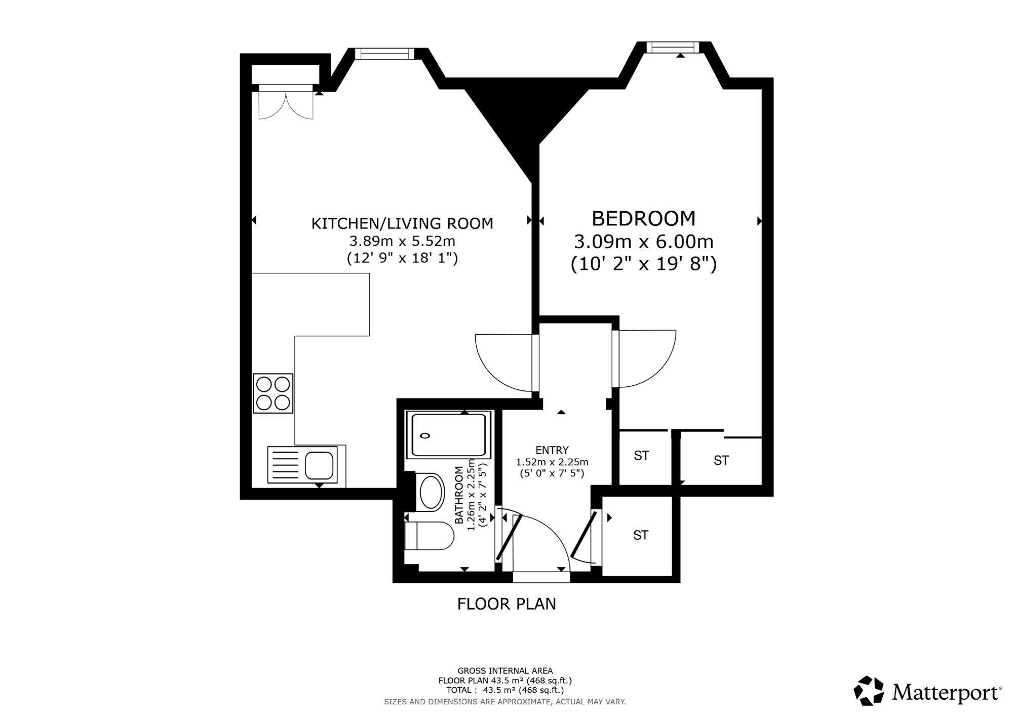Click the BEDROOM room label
(643, 218)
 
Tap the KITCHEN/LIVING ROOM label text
(402, 223)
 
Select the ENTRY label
(552, 450)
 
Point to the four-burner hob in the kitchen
(273, 393)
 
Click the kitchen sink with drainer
(302, 464)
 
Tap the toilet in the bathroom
(429, 536)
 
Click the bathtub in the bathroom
(448, 435)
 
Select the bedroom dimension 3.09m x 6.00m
(643, 242)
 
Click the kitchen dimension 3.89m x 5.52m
(402, 241)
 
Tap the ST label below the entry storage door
(641, 535)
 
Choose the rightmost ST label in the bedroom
(721, 460)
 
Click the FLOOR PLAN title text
(506, 604)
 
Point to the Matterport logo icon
(869, 690)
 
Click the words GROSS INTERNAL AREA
(505, 671)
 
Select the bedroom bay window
(673, 48)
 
